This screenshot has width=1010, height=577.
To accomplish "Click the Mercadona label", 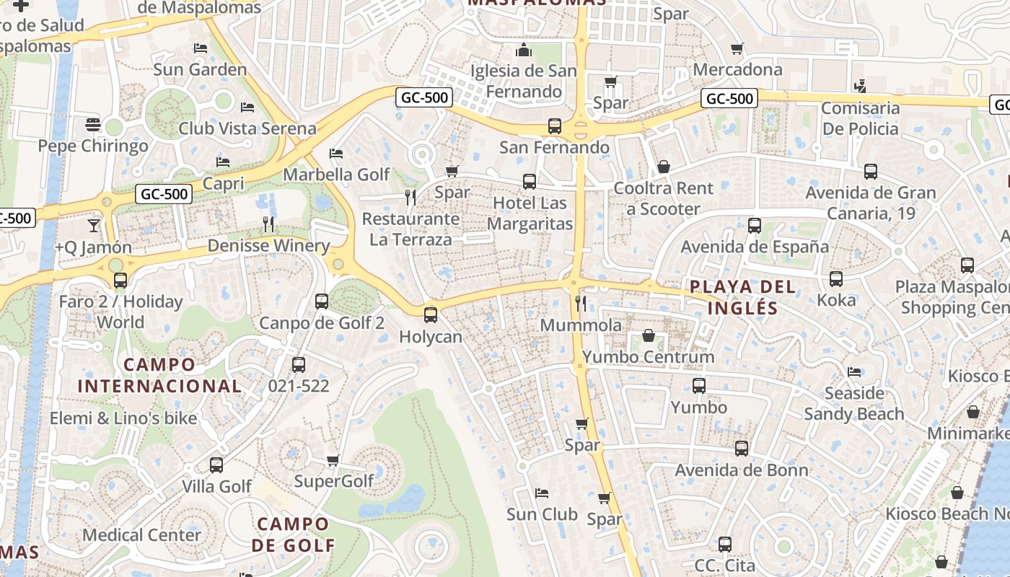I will pyautogui.click(x=737, y=69).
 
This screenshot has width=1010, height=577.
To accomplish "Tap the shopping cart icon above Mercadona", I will pyautogui.click(x=737, y=48).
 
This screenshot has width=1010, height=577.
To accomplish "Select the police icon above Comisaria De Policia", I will pyautogui.click(x=859, y=87).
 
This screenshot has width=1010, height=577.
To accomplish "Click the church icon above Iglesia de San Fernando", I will pyautogui.click(x=524, y=50).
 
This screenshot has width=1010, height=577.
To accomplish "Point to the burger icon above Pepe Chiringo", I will pyautogui.click(x=93, y=124).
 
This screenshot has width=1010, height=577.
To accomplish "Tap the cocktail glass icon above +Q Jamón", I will pyautogui.click(x=94, y=226).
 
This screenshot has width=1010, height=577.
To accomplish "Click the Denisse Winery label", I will pyautogui.click(x=268, y=246).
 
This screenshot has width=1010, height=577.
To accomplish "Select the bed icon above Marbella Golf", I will pyautogui.click(x=335, y=153).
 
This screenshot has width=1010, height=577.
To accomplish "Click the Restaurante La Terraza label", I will pyautogui.click(x=410, y=229).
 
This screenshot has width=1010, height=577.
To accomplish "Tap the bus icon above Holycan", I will pyautogui.click(x=431, y=314).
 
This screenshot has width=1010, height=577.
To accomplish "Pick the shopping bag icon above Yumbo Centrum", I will pyautogui.click(x=649, y=335).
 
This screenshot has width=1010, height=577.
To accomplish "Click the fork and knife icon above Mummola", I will pyautogui.click(x=581, y=303).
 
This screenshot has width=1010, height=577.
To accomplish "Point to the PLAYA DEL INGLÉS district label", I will pyautogui.click(x=742, y=297).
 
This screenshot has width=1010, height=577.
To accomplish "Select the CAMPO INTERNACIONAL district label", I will pyautogui.click(x=159, y=375).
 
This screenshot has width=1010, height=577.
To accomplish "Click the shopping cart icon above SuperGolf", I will pyautogui.click(x=333, y=460).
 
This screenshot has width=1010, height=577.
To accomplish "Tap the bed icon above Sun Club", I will pyautogui.click(x=542, y=493).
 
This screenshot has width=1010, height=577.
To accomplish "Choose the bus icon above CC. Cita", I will pyautogui.click(x=725, y=545).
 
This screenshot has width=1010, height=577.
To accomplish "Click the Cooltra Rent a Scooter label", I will pyautogui.click(x=663, y=198).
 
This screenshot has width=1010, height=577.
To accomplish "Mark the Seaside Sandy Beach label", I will pyautogui.click(x=854, y=403).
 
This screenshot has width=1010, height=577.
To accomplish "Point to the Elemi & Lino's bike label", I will pyautogui.click(x=123, y=418).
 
